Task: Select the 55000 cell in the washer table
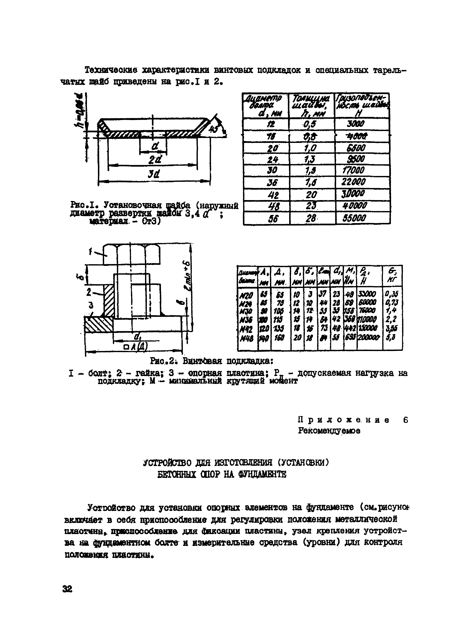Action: click(x=354, y=218)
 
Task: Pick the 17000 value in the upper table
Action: click(x=353, y=170)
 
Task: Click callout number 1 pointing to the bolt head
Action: click(x=90, y=252)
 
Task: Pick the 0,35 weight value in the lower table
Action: click(x=392, y=294)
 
